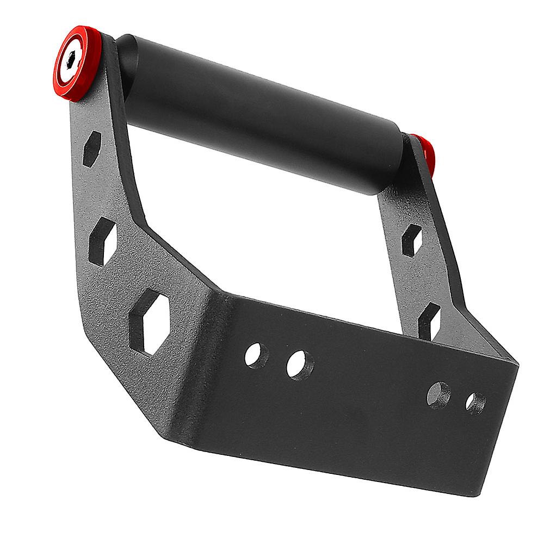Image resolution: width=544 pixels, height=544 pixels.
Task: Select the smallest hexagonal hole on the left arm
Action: tap(92, 149)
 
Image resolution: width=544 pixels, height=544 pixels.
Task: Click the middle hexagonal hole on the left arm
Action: tap(103, 241)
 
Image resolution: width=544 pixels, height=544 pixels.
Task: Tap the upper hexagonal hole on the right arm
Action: tap(411, 240)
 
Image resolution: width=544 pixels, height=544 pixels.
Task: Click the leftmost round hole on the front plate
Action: tap(257, 355)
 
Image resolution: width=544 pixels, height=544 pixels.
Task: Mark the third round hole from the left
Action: tap(438, 395)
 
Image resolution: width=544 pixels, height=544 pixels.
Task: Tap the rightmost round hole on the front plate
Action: tap(475, 403)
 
